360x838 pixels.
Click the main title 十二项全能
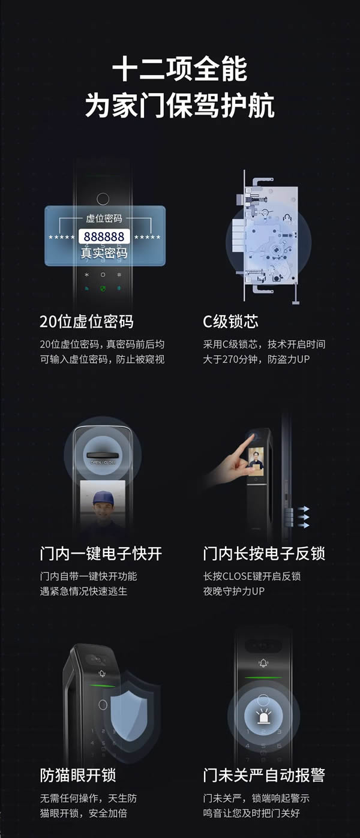[x=179, y=70]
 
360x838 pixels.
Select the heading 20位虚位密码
[x=86, y=322]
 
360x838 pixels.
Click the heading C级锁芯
[x=230, y=322]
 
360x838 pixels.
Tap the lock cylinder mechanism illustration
[x=270, y=237]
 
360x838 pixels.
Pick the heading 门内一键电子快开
[x=101, y=553]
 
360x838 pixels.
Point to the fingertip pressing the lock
[x=247, y=439]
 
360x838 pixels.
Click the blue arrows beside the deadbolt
[x=304, y=516]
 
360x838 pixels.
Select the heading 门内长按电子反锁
[x=264, y=553]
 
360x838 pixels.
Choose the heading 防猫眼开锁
[x=78, y=775]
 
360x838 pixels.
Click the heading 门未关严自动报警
[x=264, y=775]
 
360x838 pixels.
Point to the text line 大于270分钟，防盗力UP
[x=256, y=359]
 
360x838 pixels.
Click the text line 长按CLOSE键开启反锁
[x=252, y=576]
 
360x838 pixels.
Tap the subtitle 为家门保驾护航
[x=179, y=106]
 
